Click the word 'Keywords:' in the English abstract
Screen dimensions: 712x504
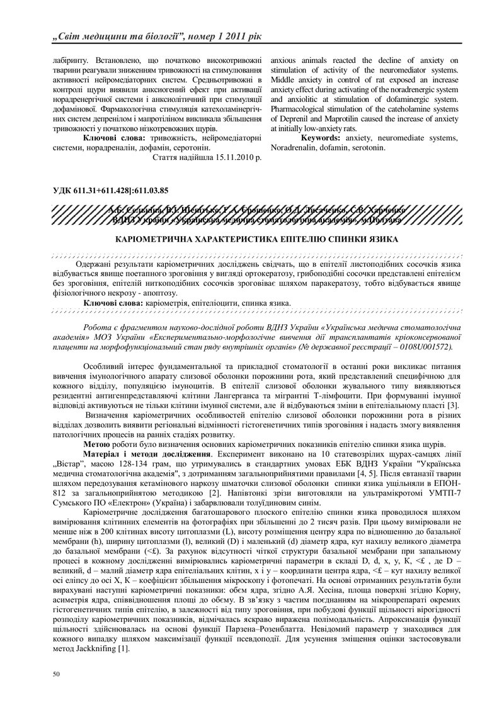point(322,137)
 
